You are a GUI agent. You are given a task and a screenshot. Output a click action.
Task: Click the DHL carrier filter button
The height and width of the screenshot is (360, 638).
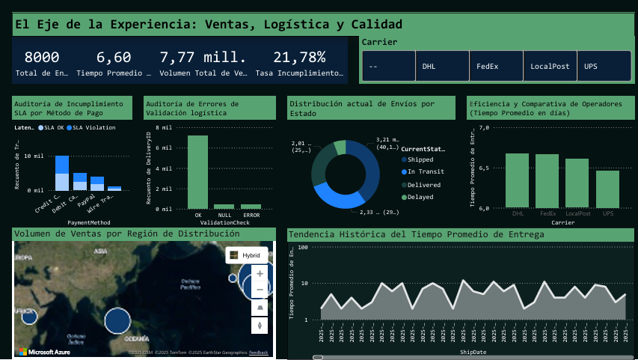tap(442, 66)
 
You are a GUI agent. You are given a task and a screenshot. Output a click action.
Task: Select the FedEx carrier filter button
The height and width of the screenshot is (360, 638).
tap(496, 66)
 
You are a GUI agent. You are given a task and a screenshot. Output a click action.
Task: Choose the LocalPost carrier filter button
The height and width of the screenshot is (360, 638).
tap(550, 66)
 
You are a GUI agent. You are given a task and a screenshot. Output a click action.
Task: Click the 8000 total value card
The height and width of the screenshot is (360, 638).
tap(42, 58)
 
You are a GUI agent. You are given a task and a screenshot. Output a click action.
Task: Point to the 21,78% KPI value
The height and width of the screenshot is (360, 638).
tap(299, 58)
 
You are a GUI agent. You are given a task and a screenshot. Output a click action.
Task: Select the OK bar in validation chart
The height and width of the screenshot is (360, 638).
tap(197, 171)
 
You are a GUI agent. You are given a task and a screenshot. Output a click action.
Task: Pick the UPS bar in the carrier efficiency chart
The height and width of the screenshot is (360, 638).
tap(607, 189)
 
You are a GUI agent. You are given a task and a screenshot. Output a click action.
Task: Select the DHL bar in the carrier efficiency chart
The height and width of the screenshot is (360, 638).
tap(517, 180)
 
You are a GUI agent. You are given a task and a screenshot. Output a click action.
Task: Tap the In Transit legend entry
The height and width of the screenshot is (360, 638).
tap(423, 172)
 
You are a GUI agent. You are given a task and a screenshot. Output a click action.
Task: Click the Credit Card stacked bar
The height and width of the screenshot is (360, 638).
tap(62, 174)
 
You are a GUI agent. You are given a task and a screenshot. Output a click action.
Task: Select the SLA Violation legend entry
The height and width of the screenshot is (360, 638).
tap(93, 128)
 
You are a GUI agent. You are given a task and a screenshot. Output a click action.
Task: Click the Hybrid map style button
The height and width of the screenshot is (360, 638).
tap(247, 255)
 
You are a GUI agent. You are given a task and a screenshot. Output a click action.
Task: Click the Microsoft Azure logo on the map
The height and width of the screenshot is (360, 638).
tap(45, 352)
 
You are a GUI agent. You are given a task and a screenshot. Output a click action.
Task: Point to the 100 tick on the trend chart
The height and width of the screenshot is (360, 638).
tap(303, 247)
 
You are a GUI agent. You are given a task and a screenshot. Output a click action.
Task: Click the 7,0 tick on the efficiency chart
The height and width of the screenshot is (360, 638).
tap(482, 128)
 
